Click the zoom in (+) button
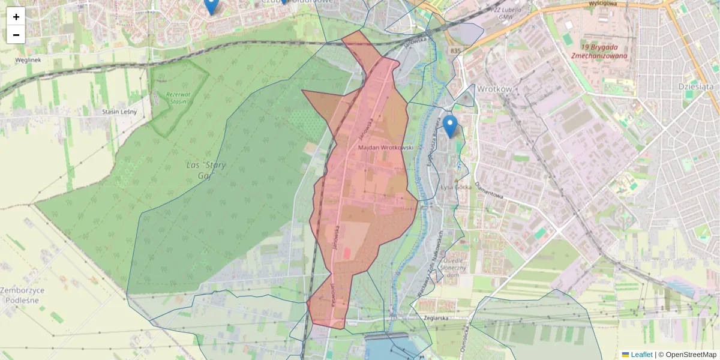16,17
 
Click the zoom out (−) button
16,35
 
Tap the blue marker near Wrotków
450,126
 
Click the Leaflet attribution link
641,355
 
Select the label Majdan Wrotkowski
386,147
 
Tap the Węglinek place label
28,61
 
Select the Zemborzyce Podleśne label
22,295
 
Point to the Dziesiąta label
696,86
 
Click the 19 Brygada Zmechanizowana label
604,51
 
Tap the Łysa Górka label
456,187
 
